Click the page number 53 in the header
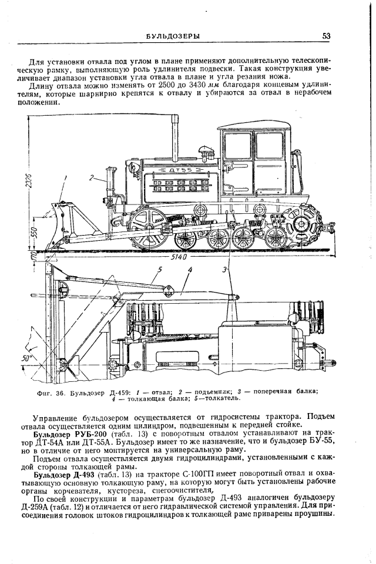[327, 36]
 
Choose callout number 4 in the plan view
[189, 270]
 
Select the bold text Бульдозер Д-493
[62, 473]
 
